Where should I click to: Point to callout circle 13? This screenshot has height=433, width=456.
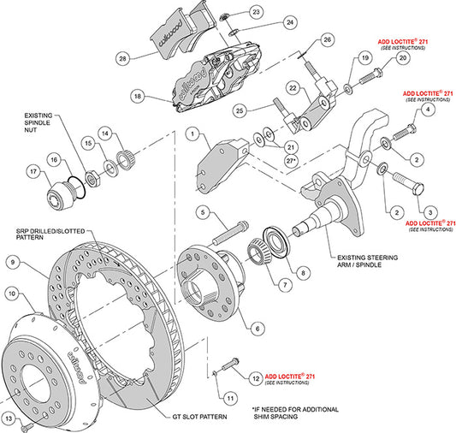pos(10,418)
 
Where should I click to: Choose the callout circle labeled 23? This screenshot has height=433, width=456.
pos(233,12)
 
